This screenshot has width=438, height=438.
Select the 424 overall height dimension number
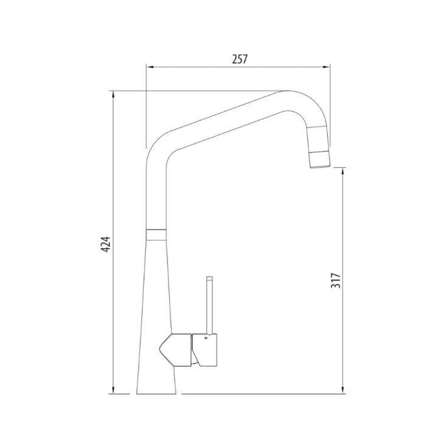point(105,244)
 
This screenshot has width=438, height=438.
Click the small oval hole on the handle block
point(206,336)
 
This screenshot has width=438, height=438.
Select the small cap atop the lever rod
point(209,279)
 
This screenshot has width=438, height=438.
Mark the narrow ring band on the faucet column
point(156,231)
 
